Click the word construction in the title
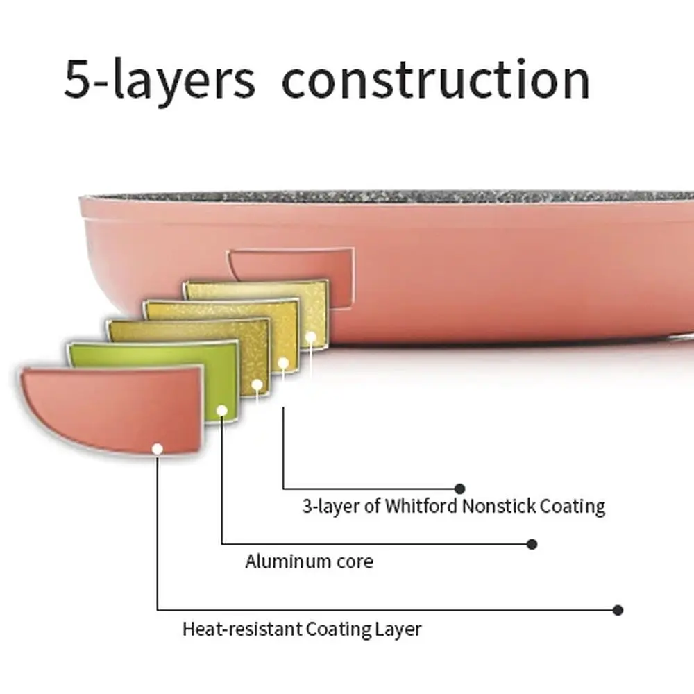[436, 80]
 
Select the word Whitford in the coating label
[421, 505]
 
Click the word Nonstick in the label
[498, 505]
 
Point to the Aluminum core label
[310, 561]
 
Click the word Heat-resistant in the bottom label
[242, 629]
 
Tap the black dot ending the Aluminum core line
[532, 544]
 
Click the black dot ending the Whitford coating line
[460, 489]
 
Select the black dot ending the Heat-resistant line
[618, 610]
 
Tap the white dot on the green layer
[222, 411]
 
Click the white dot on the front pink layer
[157, 449]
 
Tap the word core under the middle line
[355, 561]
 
